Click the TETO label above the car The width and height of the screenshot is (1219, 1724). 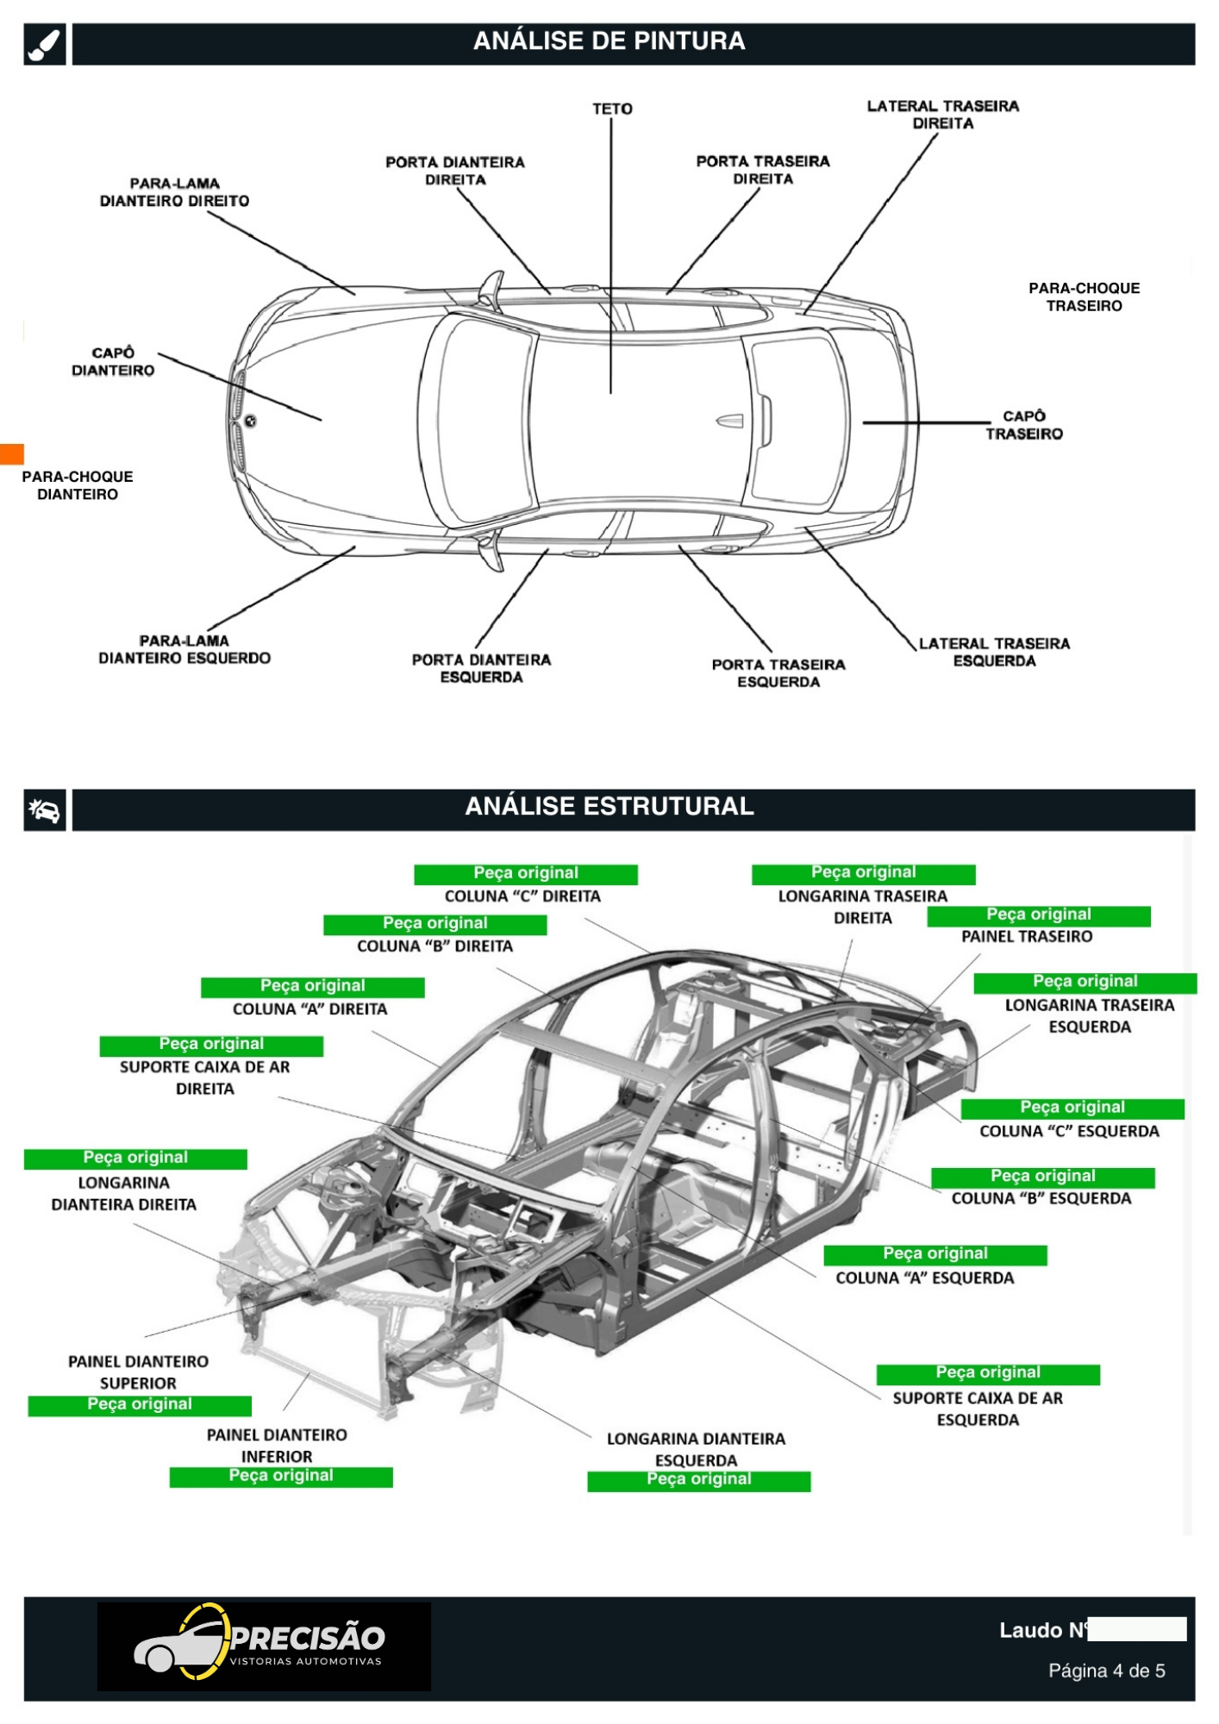point(612,109)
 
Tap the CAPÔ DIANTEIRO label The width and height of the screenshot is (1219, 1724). point(113,362)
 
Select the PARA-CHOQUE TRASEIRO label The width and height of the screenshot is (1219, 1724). point(1084,297)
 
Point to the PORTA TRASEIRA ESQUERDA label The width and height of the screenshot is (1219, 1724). point(778,673)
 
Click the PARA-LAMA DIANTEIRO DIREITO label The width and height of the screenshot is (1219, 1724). point(174,192)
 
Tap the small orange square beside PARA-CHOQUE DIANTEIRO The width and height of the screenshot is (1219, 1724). point(12,453)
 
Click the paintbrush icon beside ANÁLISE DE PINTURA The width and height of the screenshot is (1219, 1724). point(45,44)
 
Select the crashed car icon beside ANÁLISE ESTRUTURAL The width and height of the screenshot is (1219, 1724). point(45,810)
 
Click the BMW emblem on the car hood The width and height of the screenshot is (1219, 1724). point(250,422)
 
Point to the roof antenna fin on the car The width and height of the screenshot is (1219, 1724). point(729,421)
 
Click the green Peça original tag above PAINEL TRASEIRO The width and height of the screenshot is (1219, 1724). point(1039,915)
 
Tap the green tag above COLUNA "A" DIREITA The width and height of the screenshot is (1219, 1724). point(312,986)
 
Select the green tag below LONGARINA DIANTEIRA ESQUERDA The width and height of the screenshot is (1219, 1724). point(699,1480)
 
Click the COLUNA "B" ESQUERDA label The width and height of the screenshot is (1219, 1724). point(1041,1198)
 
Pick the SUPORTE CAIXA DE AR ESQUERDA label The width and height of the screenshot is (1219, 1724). point(978,1409)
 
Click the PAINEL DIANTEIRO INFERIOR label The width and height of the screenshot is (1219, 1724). point(277,1446)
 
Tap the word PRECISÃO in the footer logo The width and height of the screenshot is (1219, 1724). point(308,1637)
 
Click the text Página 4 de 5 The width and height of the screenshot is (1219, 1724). point(1106,1671)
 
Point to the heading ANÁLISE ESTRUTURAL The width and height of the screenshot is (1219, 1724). point(609,807)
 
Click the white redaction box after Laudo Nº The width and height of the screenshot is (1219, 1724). point(1137,1629)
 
